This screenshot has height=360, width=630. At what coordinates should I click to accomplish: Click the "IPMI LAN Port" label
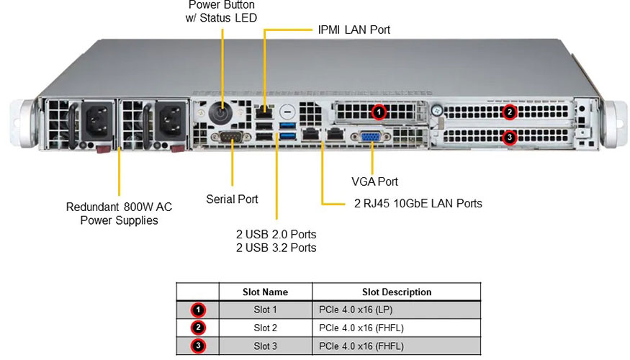click(x=354, y=30)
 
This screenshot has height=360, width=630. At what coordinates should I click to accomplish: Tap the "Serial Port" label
click(x=232, y=199)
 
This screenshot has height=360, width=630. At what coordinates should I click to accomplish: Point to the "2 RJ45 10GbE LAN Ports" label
click(x=418, y=204)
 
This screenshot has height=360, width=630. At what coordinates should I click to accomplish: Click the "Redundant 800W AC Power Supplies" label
click(x=119, y=213)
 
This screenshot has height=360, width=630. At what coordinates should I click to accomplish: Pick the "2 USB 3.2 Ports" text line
click(x=276, y=248)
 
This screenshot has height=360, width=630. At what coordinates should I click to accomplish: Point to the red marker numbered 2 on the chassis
click(x=510, y=112)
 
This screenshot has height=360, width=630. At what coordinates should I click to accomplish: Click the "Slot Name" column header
click(x=265, y=292)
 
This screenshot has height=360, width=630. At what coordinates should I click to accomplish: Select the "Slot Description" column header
click(x=397, y=292)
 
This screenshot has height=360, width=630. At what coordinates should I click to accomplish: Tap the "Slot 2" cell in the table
click(x=265, y=328)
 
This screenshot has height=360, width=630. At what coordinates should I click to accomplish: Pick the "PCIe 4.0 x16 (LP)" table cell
click(x=356, y=310)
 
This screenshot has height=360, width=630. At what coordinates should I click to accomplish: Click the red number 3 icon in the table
click(x=199, y=346)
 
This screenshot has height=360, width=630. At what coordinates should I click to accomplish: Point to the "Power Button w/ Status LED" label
click(x=221, y=11)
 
